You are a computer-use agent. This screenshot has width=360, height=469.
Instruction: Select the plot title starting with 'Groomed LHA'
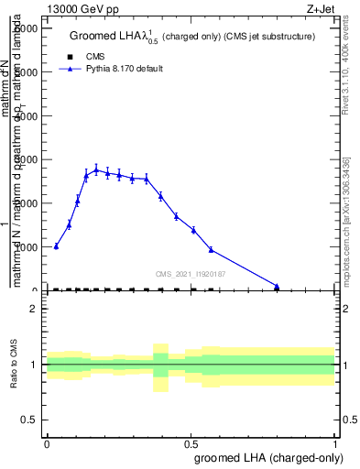[x=192, y=37]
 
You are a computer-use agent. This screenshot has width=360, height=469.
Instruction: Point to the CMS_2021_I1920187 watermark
[x=191, y=274]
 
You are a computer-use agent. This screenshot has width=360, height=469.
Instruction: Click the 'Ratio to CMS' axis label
[x=16, y=365]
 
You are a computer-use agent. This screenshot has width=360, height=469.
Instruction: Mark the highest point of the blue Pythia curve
[x=96, y=169]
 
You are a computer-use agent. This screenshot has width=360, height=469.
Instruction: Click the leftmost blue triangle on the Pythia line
[x=56, y=245]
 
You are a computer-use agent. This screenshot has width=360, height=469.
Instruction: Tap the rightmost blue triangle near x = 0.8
[x=277, y=286]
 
